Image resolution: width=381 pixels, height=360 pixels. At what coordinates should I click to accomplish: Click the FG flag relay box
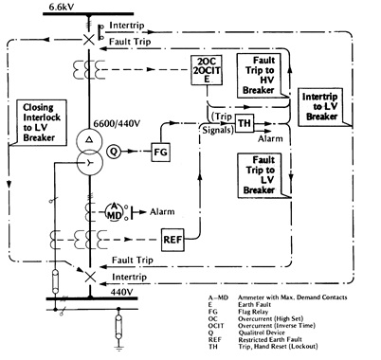(x=159, y=150)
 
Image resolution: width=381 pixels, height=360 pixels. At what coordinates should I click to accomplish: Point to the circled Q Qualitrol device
(x=115, y=150)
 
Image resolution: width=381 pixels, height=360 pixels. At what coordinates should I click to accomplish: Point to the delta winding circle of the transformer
(x=88, y=137)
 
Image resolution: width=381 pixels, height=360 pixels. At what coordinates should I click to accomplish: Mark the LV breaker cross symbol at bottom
(x=88, y=273)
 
